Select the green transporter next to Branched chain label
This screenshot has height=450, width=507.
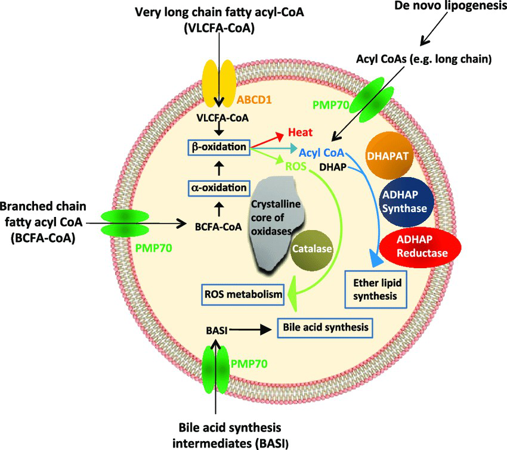[120, 223]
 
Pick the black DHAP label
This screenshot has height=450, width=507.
[332, 167]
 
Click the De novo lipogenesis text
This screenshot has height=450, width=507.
[454, 7]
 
